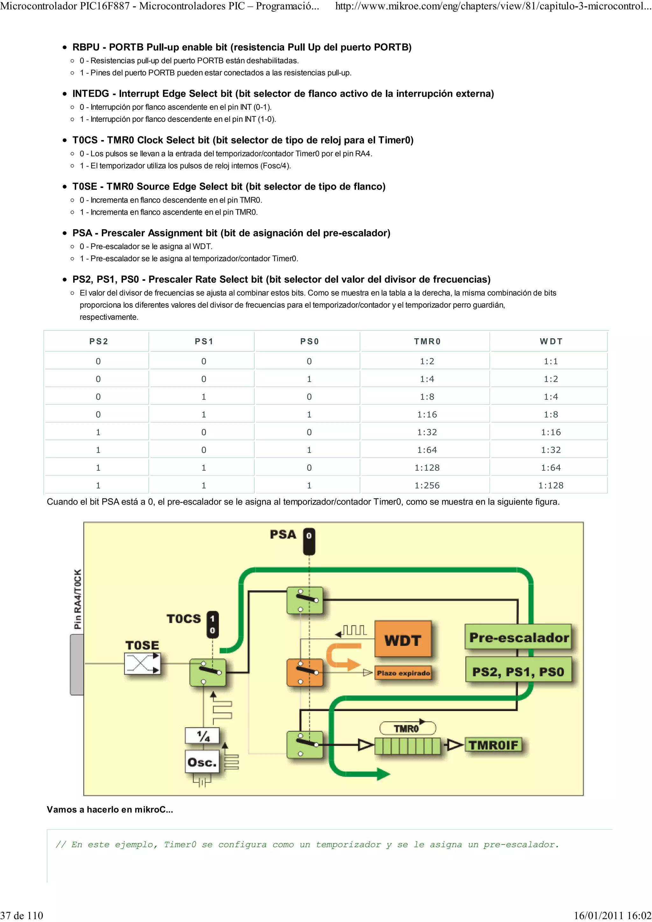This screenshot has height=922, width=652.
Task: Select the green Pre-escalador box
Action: [518, 637]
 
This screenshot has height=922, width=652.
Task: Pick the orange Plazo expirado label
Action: [403, 673]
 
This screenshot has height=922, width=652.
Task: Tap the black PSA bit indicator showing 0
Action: [308, 541]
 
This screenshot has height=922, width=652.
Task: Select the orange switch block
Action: [304, 672]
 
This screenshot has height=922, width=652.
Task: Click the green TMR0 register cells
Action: [407, 746]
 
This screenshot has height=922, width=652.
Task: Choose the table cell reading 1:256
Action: [427, 485]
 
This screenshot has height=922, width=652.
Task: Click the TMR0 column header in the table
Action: [427, 341]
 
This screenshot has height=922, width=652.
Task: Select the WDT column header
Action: [551, 341]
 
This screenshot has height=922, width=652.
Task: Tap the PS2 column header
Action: [98, 341]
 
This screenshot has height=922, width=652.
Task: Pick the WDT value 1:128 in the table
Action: [550, 485]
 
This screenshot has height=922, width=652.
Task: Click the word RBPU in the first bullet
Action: [86, 47]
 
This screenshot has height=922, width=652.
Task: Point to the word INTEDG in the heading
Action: [90, 94]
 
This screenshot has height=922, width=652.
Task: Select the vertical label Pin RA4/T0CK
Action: [78, 599]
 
